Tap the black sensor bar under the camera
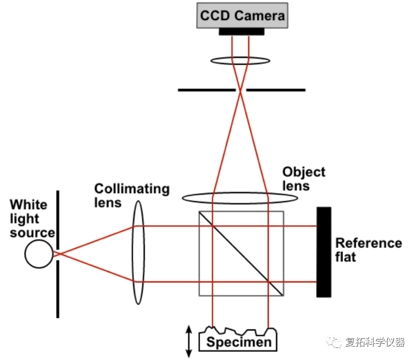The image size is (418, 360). tap(242, 31)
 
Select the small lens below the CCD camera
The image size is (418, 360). tap(240, 61)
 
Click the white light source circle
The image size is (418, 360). tap(39, 254)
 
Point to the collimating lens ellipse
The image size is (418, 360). tap(138, 253)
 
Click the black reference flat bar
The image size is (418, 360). tap(323, 252)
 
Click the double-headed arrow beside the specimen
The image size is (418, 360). tap(189, 341)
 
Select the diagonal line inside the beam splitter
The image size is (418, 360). tap(241, 253)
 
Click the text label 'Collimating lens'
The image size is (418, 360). tap(132, 195)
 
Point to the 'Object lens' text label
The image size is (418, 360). tap(304, 179)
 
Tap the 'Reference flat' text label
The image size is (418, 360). tap(368, 250)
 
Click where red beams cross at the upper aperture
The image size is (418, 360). tap(241, 90)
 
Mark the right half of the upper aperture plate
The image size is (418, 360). tap(276, 90)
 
